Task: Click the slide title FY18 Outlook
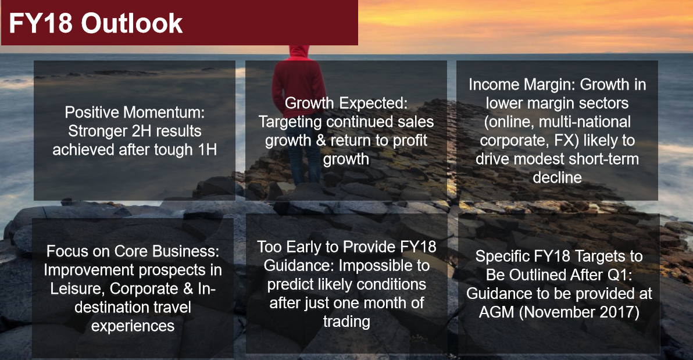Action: pos(95,24)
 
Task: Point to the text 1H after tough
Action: pos(208,149)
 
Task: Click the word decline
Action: pos(558,177)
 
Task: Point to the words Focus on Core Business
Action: pos(133,251)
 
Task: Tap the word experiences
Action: pos(133,326)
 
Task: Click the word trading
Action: pos(346,322)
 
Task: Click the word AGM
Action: pos(496,312)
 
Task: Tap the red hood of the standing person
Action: pos(299,52)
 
